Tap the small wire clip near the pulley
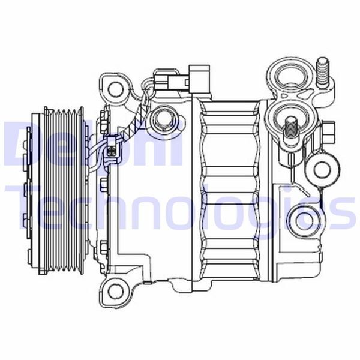point(111,148)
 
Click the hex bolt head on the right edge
point(331,130)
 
